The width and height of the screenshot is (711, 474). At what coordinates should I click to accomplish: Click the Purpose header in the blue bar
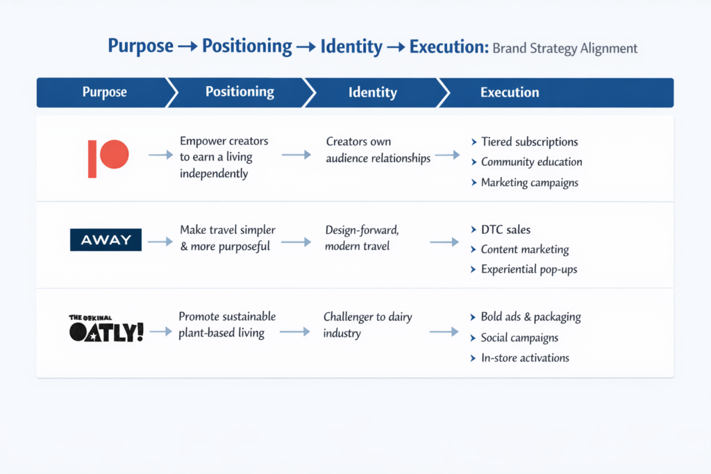click(x=104, y=92)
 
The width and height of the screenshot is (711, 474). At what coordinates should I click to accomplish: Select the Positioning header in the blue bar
click(x=240, y=92)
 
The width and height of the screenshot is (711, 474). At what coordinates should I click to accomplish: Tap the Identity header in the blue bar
click(x=372, y=92)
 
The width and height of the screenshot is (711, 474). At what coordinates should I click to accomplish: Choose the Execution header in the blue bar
click(x=510, y=92)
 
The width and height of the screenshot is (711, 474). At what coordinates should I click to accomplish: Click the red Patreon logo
click(x=108, y=158)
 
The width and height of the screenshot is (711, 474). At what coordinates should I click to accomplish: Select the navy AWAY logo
click(x=106, y=240)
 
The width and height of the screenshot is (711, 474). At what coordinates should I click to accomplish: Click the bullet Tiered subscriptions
click(x=529, y=142)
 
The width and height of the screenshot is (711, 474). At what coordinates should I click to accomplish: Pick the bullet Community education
click(x=531, y=162)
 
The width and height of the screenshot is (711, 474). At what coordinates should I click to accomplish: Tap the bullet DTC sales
click(x=505, y=230)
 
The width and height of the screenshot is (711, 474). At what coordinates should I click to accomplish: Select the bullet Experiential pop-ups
click(x=528, y=269)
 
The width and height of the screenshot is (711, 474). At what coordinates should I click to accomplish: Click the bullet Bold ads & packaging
click(x=530, y=317)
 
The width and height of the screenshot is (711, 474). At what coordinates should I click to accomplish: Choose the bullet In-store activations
click(x=524, y=358)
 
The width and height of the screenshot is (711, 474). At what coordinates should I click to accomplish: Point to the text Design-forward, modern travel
click(x=362, y=237)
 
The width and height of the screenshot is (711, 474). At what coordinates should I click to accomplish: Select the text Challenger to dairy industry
click(x=367, y=325)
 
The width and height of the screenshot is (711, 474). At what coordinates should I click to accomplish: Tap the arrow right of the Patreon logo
click(x=160, y=156)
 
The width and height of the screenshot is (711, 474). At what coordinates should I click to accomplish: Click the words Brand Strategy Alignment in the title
click(x=564, y=49)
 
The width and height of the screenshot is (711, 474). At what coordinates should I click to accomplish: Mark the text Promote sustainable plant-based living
click(x=226, y=325)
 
